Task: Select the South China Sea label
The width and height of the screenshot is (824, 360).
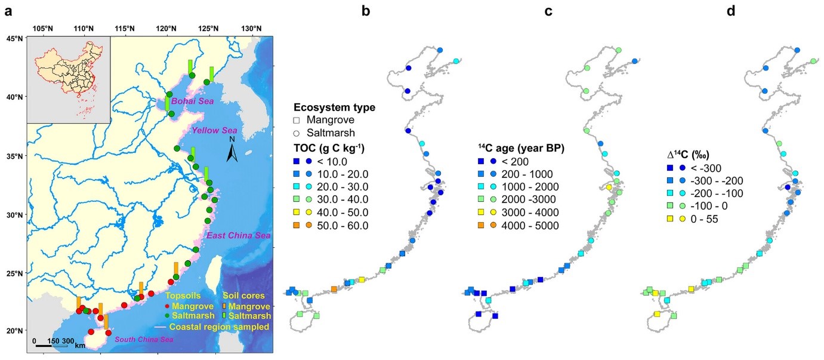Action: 143,340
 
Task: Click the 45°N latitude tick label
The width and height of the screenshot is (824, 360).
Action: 13,38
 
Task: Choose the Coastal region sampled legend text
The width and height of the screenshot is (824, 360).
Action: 219,327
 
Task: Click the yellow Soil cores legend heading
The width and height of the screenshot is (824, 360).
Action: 243,296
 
